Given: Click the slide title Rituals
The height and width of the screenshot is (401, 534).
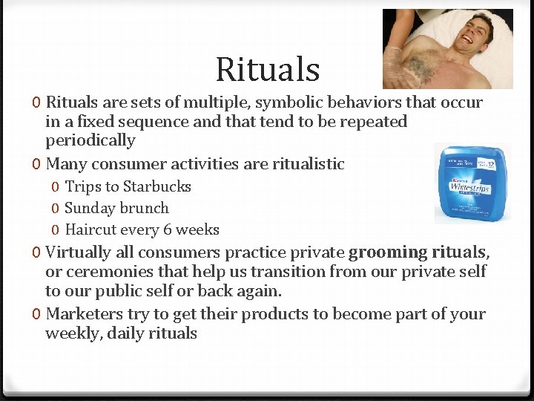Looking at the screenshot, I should click(267, 70).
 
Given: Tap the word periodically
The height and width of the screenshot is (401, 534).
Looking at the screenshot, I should click(90, 141).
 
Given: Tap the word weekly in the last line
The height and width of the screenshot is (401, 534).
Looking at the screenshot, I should click(73, 333).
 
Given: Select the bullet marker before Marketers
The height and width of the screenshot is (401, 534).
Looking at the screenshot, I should click(37, 314).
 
